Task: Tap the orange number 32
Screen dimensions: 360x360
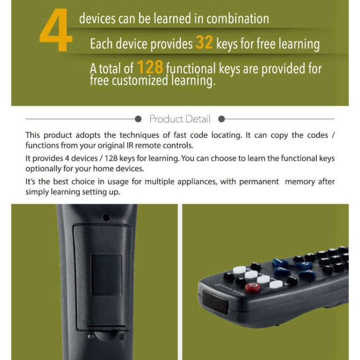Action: coord(204,43)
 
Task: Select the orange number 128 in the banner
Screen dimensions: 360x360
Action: coord(150,67)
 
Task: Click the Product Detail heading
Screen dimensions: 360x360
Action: coord(180,119)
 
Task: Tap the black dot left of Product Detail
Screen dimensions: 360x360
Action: coord(138,119)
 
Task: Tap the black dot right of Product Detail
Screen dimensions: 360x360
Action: coord(221,119)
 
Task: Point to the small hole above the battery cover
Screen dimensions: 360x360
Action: coord(106,217)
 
